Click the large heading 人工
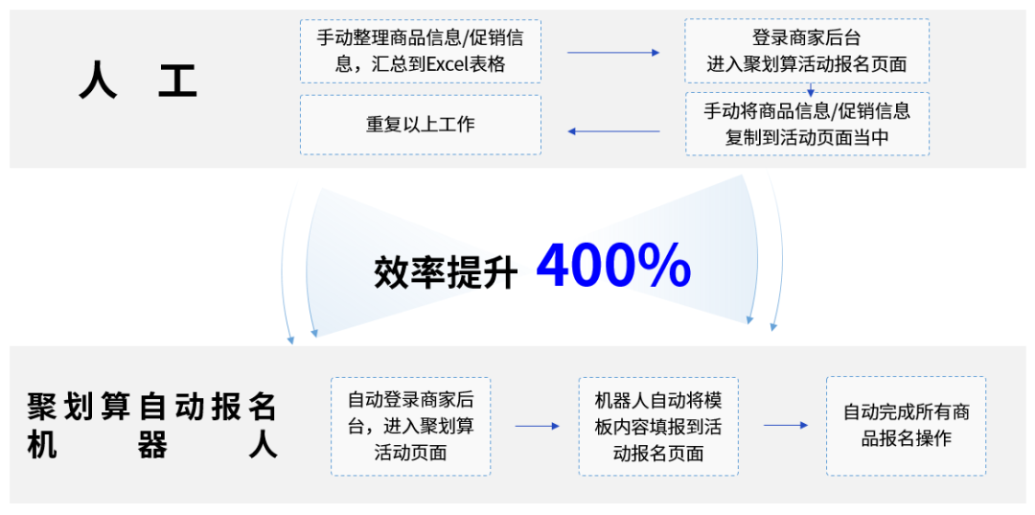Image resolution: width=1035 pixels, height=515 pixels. (x=138, y=82)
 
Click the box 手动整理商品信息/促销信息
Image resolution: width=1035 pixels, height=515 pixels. (x=420, y=51)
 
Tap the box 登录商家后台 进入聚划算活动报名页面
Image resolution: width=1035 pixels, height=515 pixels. (x=806, y=51)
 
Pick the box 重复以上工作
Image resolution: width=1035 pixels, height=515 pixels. (x=420, y=125)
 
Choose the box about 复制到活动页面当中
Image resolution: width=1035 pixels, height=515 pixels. (x=806, y=124)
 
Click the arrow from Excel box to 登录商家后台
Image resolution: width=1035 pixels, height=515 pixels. (x=613, y=52)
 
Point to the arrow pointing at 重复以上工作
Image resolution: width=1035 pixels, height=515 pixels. (x=613, y=130)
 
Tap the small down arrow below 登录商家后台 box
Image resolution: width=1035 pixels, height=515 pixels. (x=811, y=90)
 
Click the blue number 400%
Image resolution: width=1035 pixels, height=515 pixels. (x=613, y=267)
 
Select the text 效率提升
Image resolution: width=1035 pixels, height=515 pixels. (x=445, y=272)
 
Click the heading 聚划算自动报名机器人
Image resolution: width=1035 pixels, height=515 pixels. (x=152, y=425)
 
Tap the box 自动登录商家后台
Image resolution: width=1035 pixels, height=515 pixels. (x=410, y=426)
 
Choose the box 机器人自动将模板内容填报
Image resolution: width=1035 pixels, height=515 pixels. (x=657, y=426)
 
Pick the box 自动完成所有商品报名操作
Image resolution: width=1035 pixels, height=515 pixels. (x=906, y=426)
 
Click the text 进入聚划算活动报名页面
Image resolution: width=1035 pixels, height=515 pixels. (x=806, y=65)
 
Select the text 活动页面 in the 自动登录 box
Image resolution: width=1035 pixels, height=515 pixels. (x=410, y=452)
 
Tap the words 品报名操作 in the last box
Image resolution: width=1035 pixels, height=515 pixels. (x=906, y=438)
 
